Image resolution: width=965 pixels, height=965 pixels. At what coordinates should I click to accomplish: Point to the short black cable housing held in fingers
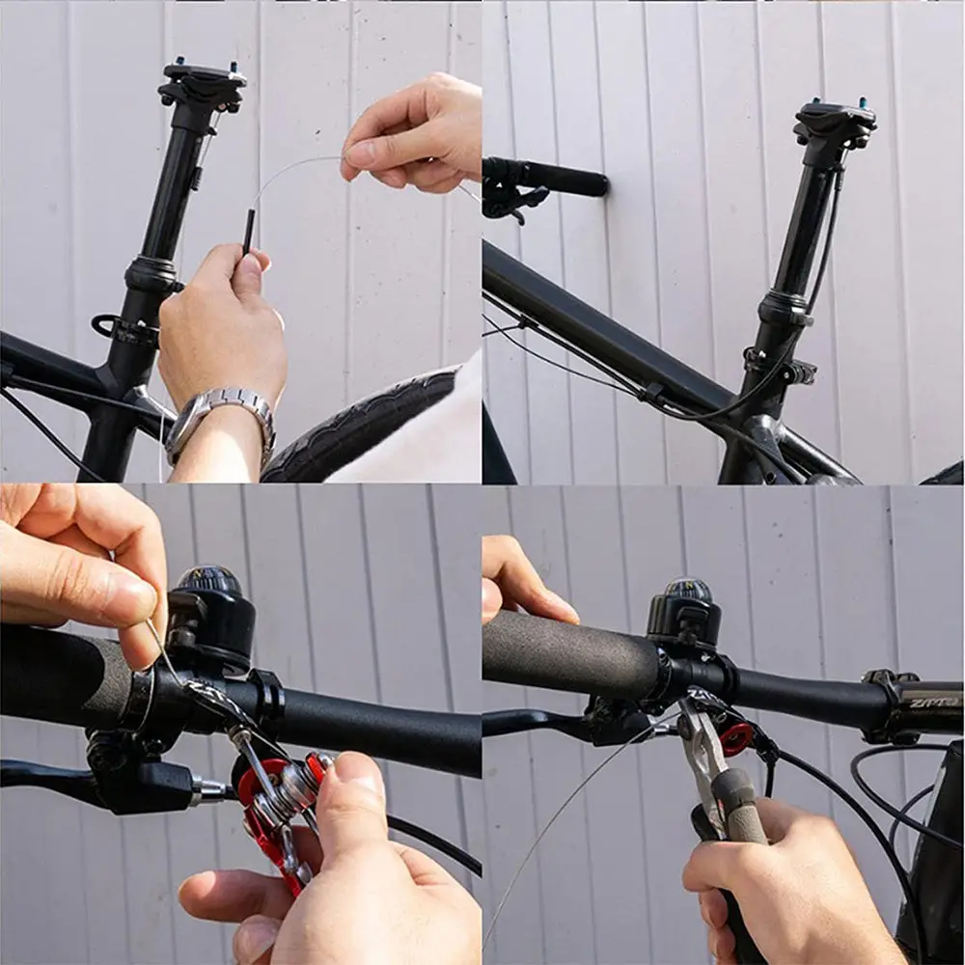coord(249,232)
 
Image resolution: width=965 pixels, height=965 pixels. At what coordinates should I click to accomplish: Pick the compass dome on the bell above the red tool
coord(207,579)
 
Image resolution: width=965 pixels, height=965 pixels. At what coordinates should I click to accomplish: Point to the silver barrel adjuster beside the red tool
coord(208,791)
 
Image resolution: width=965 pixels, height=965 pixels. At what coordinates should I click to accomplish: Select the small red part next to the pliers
coord(736,738)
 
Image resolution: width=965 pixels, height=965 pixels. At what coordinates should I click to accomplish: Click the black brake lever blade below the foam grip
coord(531,723)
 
